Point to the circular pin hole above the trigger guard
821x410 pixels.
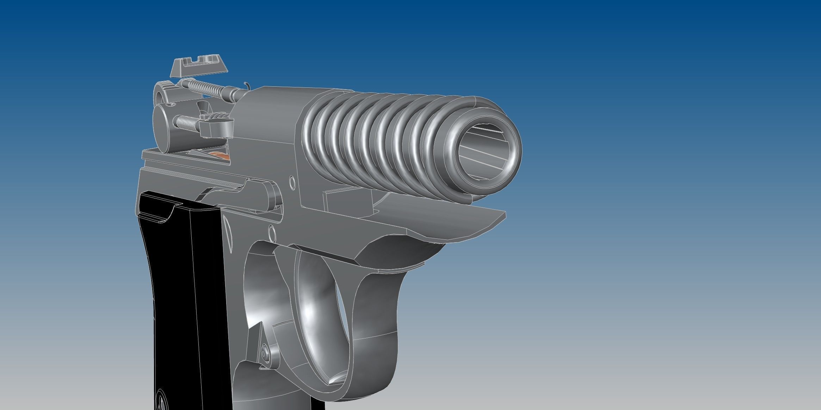[x=272, y=232]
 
